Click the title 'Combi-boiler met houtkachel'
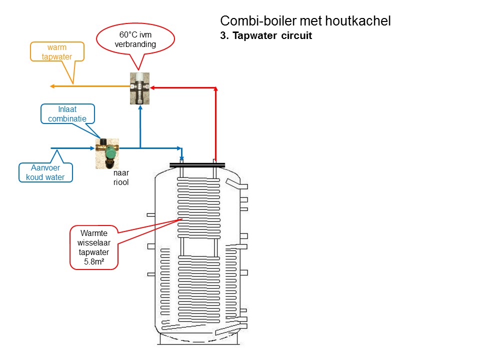(x=305, y=21)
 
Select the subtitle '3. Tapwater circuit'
(x=266, y=36)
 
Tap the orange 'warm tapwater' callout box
(x=56, y=51)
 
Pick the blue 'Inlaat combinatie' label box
(x=67, y=114)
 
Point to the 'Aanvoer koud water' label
(x=45, y=172)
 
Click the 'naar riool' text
(x=121, y=178)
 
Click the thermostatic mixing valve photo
(x=140, y=88)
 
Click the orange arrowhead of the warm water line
(x=52, y=86)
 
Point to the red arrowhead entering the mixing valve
(x=153, y=87)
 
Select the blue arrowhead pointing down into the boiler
(x=182, y=158)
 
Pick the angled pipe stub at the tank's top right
(x=236, y=185)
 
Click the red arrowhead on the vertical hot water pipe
(x=215, y=90)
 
